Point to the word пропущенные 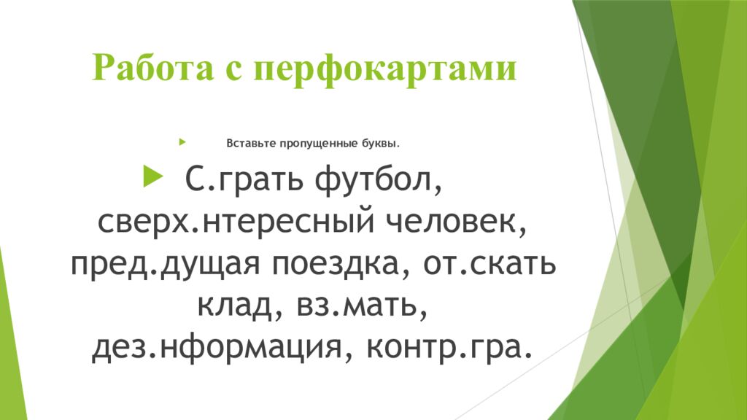[319, 143]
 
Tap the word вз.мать [360, 306]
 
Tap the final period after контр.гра [518, 358]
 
